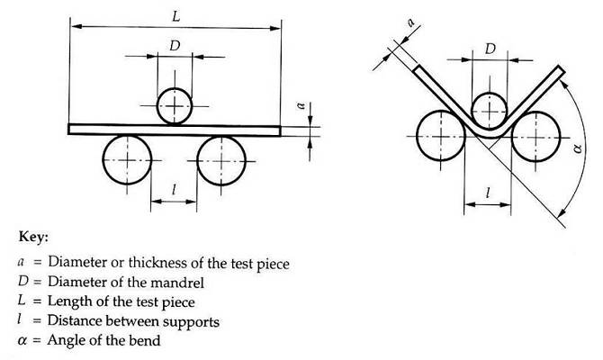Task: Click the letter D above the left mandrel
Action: tap(175, 44)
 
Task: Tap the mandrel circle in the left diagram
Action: tap(175, 106)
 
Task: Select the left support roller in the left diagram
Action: tap(127, 159)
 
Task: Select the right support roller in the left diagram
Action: tap(221, 159)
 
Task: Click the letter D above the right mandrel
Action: tap(489, 49)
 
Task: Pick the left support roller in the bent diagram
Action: tap(441, 135)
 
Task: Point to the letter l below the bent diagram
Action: tap(487, 193)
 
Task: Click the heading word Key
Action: tap(32, 238)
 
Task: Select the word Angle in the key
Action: tap(66, 341)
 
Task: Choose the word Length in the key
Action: tap(69, 302)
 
